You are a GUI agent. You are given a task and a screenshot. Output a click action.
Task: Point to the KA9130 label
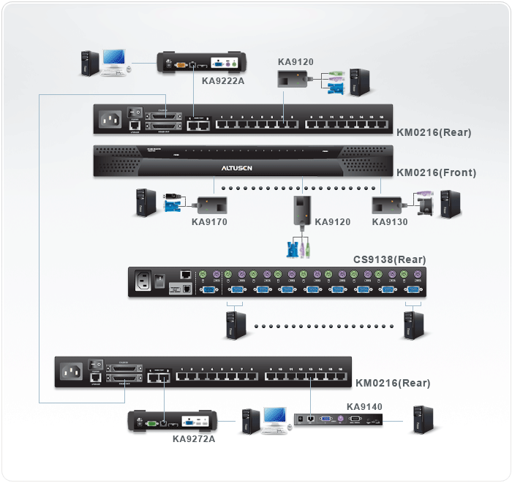390,221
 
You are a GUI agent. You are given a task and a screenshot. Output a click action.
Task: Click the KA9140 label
364,406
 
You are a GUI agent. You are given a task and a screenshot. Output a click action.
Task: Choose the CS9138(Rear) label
390,259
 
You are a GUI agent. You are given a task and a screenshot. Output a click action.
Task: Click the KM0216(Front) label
436,173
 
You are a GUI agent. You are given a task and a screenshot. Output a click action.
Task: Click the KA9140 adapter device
339,420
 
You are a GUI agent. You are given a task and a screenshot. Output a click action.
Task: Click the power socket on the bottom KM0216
73,373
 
